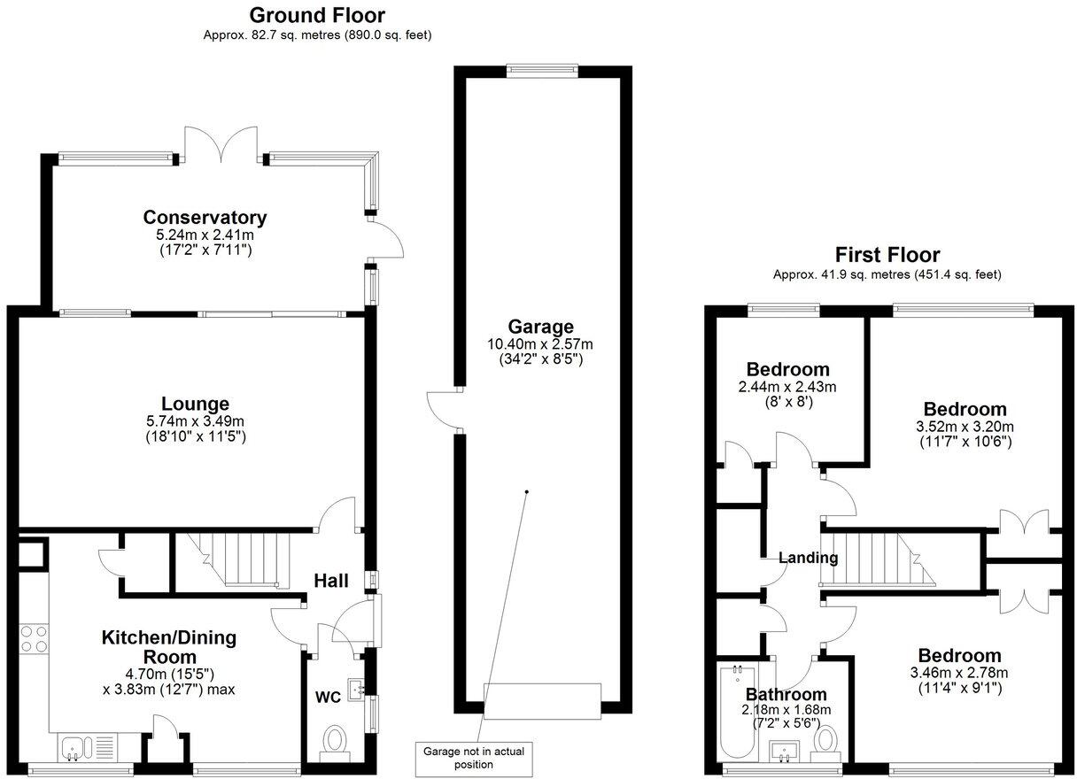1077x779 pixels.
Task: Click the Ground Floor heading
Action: click(x=317, y=15)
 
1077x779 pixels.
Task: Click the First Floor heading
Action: click(x=887, y=255)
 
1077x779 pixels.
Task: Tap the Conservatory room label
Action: click(x=205, y=217)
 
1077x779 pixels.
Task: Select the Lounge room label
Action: click(x=195, y=404)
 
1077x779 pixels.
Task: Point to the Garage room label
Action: click(x=540, y=327)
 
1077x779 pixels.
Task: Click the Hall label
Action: click(x=330, y=581)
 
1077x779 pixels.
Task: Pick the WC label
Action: click(x=328, y=696)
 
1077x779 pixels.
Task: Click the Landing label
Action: click(x=808, y=558)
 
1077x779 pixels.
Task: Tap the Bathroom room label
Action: click(x=786, y=694)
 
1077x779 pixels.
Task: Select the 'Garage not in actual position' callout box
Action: click(x=473, y=757)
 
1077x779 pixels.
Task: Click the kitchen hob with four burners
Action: click(x=34, y=638)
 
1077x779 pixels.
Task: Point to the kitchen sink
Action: click(x=73, y=749)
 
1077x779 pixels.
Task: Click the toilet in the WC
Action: click(x=334, y=740)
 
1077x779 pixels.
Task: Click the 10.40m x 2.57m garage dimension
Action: click(x=540, y=344)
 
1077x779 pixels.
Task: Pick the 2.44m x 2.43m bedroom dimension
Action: click(x=787, y=387)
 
